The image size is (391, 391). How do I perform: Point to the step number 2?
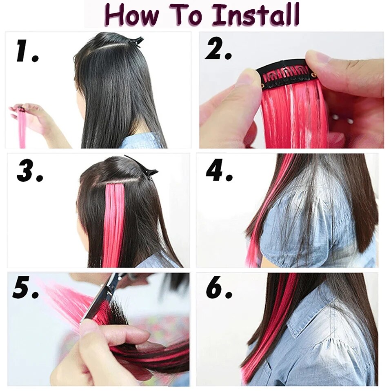pos(218,50)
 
